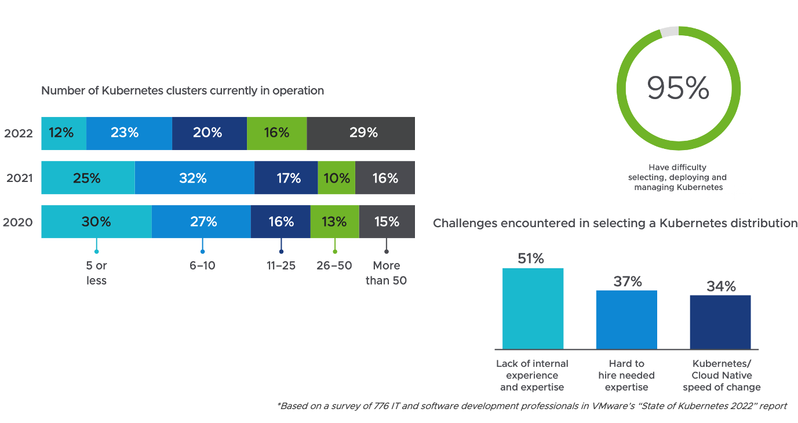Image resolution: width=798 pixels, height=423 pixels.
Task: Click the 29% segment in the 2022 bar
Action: [x=361, y=133]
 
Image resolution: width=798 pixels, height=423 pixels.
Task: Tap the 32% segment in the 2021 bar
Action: [x=194, y=178]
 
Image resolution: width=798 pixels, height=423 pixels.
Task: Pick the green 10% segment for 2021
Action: [x=336, y=178]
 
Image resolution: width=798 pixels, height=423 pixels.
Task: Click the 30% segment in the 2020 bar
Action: [x=96, y=222]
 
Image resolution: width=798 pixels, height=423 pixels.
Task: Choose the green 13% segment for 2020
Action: [x=334, y=222]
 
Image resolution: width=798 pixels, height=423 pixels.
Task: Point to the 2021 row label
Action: [x=19, y=178]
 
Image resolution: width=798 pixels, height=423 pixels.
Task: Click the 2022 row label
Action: [x=19, y=133]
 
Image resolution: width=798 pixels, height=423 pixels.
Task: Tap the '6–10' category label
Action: [x=202, y=266]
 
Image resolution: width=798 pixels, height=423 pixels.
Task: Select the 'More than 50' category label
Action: [x=386, y=273]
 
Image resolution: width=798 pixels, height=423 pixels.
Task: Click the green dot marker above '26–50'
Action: [x=334, y=251]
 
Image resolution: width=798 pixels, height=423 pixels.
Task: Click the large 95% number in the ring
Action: [x=677, y=89]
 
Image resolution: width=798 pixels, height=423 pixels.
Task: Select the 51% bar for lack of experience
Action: [x=533, y=309]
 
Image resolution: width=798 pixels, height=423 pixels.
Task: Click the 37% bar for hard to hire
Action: [x=626, y=320]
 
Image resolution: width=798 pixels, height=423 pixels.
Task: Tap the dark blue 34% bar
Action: [x=720, y=322]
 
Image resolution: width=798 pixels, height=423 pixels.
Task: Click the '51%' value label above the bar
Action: [x=531, y=259]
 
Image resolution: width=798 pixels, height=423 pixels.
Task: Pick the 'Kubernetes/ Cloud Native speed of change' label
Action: [x=722, y=375]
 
